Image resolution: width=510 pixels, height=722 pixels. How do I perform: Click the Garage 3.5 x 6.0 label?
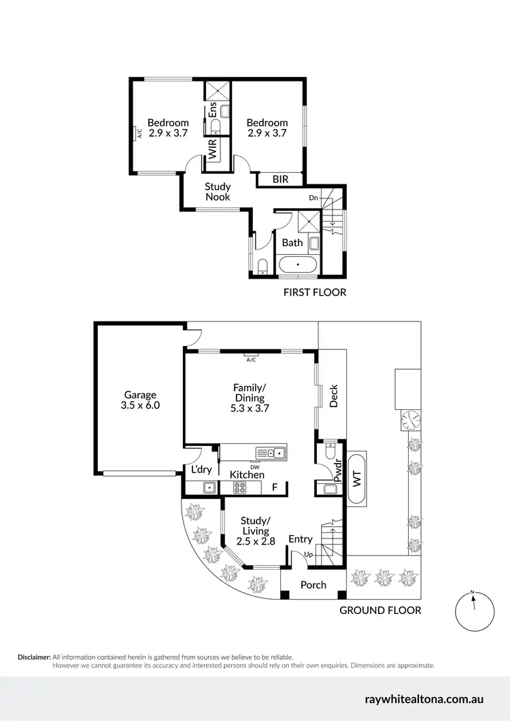pyautogui.click(x=140, y=400)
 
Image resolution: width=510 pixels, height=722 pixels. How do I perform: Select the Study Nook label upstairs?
pyautogui.click(x=218, y=192)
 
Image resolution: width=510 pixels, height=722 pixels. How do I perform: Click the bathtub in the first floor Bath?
pyautogui.click(x=297, y=264)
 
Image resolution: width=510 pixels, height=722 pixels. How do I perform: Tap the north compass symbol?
pyautogui.click(x=473, y=611)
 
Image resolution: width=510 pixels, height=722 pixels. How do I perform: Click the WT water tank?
pyautogui.click(x=357, y=479)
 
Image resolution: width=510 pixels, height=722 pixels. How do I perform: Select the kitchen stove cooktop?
pyautogui.click(x=241, y=487)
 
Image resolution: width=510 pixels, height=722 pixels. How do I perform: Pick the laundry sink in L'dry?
pyautogui.click(x=210, y=487)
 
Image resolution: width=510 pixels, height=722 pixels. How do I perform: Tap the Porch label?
pyautogui.click(x=313, y=585)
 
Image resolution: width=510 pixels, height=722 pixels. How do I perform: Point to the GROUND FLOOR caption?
pyautogui.click(x=380, y=611)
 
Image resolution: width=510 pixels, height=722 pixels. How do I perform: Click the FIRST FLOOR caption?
pyautogui.click(x=314, y=292)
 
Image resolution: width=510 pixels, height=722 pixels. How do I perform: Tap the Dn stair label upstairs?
pyautogui.click(x=313, y=198)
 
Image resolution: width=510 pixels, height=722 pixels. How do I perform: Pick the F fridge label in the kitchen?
pyautogui.click(x=275, y=487)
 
